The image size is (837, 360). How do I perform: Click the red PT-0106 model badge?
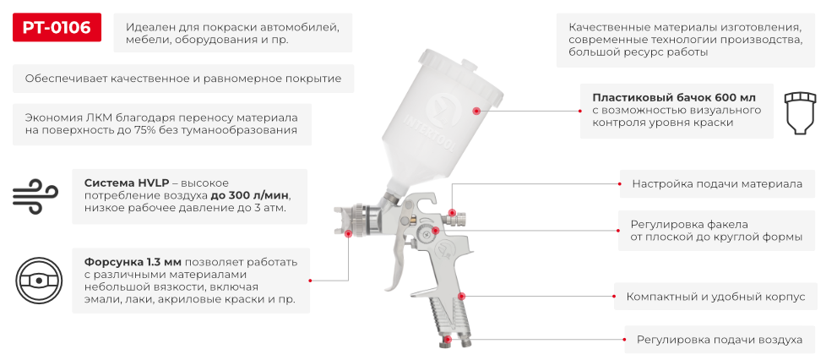[x=57, y=29]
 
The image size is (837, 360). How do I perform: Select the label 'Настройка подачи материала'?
[x=717, y=183]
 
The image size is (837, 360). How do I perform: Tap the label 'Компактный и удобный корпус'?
[x=715, y=297]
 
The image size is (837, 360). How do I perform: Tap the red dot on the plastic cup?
[x=476, y=111]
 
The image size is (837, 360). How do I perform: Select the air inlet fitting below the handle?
[x=449, y=343]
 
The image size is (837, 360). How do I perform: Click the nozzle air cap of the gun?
[x=342, y=221]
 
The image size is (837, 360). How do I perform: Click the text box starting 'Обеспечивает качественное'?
[x=182, y=79]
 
